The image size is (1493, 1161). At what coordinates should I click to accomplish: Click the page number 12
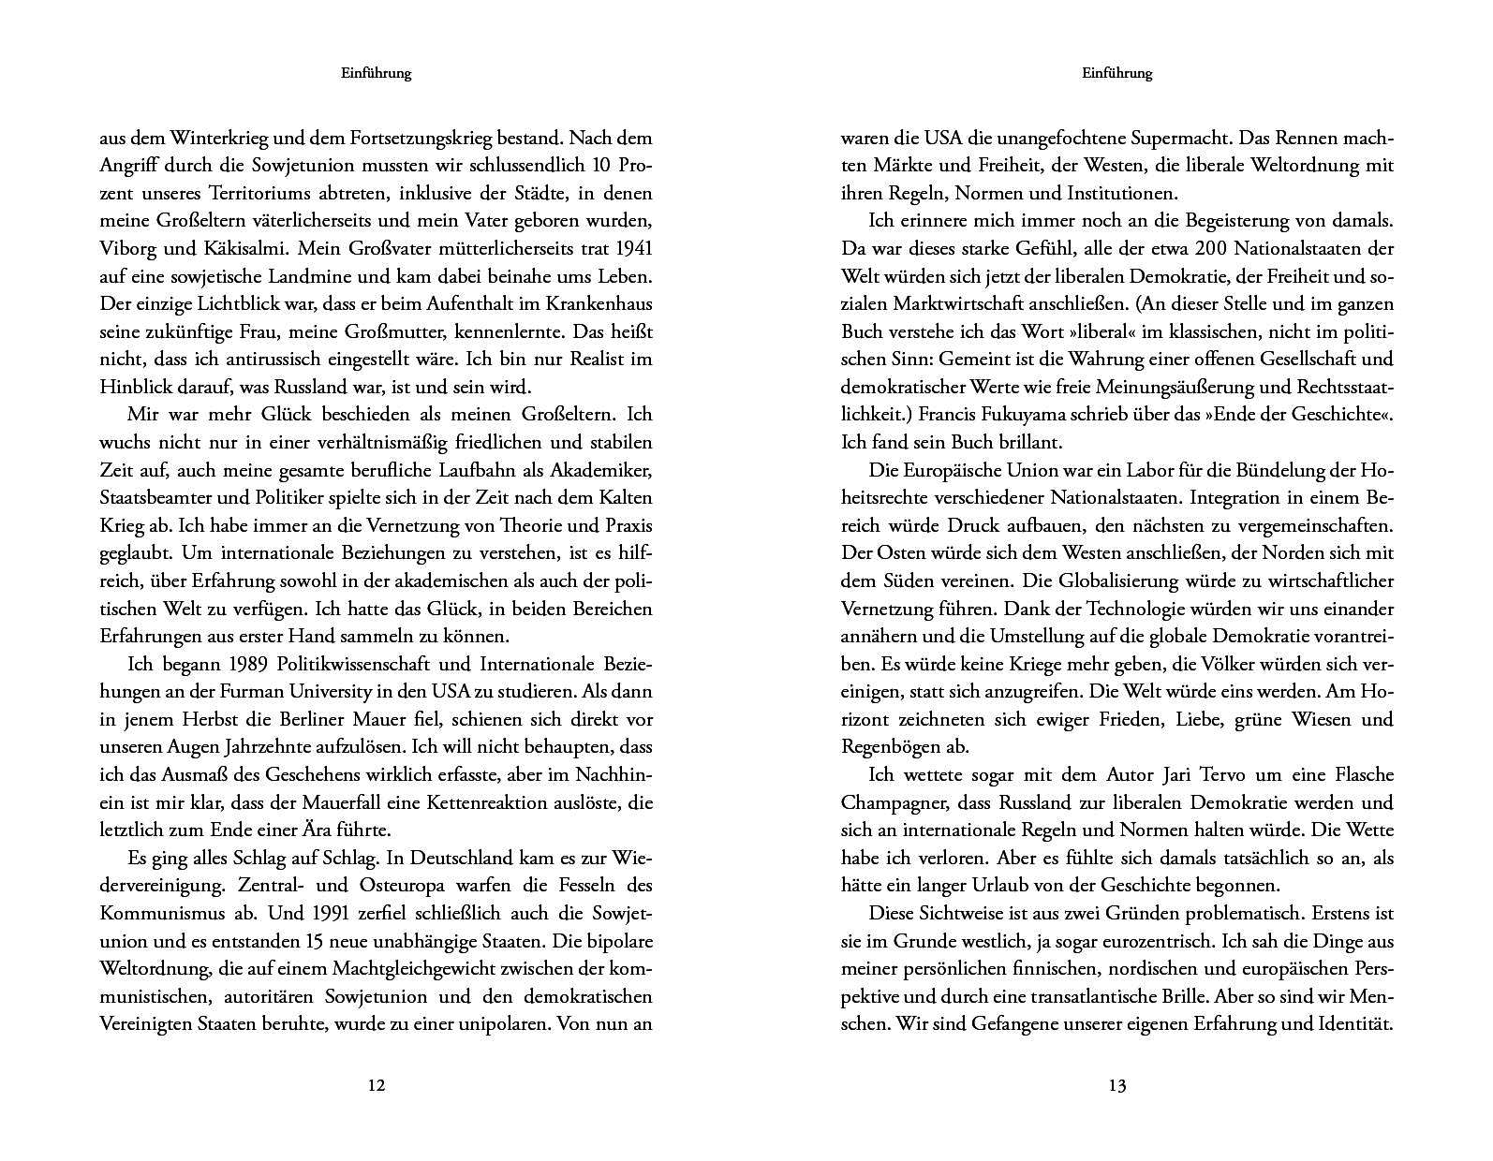click(376, 1086)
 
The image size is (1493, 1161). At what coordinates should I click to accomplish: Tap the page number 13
click(1116, 1086)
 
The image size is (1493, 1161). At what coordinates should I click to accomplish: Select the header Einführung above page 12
click(376, 73)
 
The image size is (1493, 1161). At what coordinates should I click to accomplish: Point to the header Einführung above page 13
click(1116, 73)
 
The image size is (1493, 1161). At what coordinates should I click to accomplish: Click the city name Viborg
click(128, 249)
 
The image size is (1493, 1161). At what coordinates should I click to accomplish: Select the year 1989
click(250, 665)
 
